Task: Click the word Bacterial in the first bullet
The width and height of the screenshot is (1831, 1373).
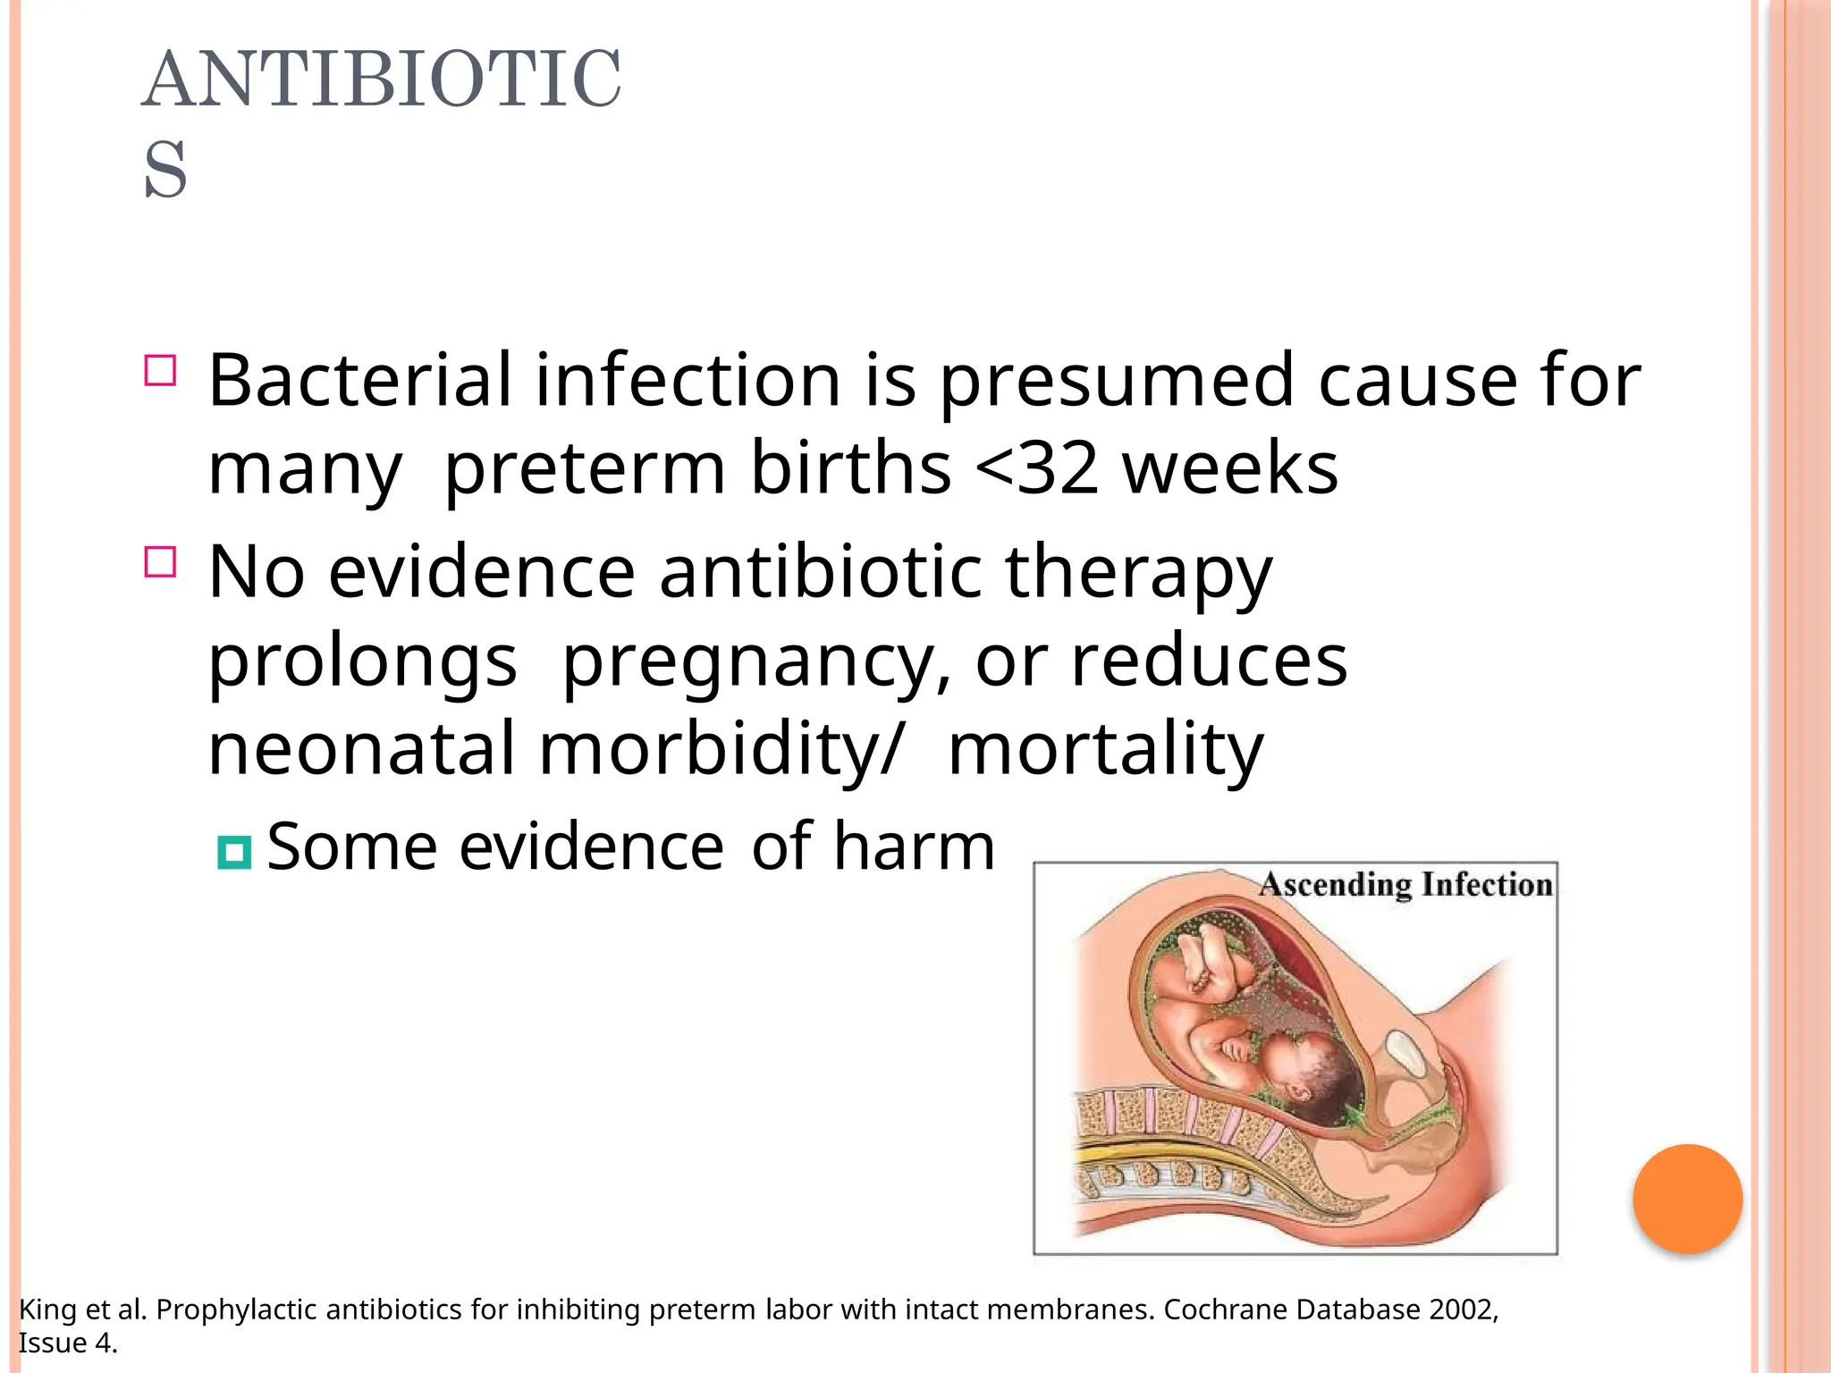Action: (359, 380)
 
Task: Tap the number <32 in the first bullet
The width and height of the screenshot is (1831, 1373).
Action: (1036, 467)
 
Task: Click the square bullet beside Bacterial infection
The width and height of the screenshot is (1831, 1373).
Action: (160, 370)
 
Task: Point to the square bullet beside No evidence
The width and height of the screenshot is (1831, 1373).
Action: (160, 562)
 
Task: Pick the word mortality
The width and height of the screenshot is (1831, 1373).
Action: (1105, 749)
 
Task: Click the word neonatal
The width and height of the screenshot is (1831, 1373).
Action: (362, 749)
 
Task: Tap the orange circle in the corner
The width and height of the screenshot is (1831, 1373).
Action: (1687, 1199)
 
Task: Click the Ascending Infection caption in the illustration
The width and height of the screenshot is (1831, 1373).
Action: (1405, 885)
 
